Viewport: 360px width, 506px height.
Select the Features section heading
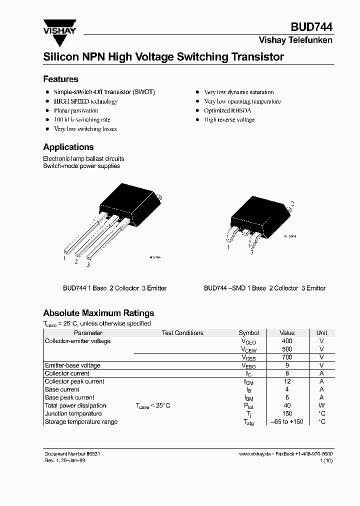pos(60,79)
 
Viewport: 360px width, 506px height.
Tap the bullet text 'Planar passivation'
pos(76,110)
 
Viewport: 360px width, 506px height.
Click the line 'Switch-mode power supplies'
pos(81,166)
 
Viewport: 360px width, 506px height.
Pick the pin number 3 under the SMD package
pos(251,253)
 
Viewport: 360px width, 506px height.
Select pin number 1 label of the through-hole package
pos(64,258)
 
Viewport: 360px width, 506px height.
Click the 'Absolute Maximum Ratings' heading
pos(98,313)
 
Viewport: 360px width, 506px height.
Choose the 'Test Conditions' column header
pos(182,332)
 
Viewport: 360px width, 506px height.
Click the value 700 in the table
pos(287,357)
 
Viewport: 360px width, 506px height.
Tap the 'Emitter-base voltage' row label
pos(72,365)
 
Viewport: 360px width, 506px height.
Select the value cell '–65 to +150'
pos(287,421)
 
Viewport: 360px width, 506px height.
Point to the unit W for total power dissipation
pos(321,405)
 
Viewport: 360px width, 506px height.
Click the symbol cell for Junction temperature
pos(248,414)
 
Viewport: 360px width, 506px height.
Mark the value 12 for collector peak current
pos(287,381)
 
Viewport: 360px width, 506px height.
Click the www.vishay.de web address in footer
pos(255,453)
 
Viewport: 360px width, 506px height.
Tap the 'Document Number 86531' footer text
pos(75,453)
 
